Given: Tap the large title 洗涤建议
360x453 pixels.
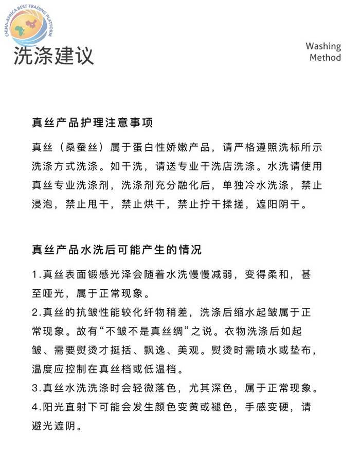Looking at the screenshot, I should (54, 56).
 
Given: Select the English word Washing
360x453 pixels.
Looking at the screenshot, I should (323, 46).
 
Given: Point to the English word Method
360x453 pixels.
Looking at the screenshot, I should (325, 58).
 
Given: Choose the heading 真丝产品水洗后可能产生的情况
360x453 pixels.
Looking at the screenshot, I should (116, 250).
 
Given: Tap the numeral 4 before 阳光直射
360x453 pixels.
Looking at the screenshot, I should (34, 407).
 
